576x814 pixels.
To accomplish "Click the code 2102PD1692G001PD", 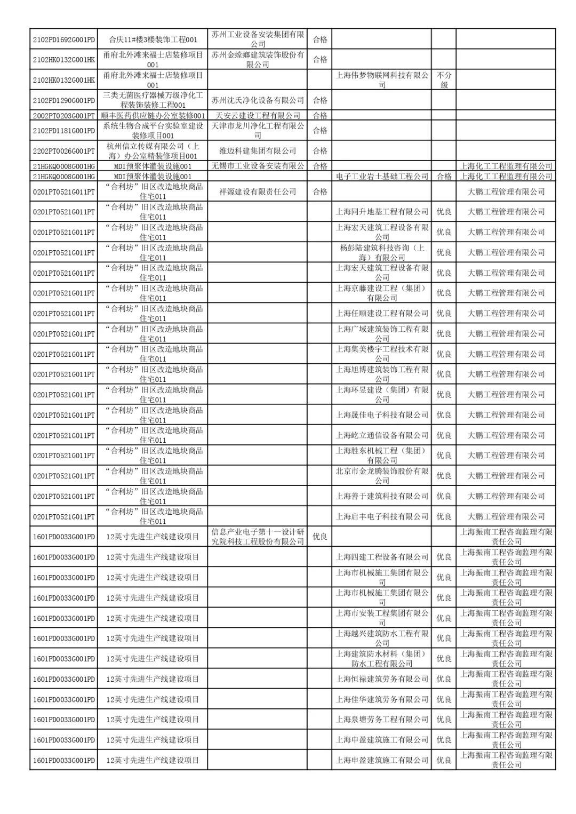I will click(63, 39).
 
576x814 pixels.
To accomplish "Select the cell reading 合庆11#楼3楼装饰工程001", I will click(153, 39).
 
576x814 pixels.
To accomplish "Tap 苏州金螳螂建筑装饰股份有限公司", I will click(258, 60).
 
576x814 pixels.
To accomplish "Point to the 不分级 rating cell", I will click(444, 80).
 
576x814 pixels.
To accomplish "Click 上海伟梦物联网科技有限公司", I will click(382, 80).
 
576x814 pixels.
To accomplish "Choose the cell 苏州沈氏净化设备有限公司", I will click(258, 100).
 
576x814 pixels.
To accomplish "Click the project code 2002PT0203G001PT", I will click(63, 116).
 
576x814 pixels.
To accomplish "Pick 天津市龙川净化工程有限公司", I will click(258, 131).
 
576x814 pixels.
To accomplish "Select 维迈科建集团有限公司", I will click(258, 151).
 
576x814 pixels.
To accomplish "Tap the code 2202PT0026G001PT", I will click(63, 151).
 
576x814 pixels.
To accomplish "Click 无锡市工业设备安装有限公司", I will click(258, 166).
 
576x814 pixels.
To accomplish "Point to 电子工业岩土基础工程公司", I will click(382, 177).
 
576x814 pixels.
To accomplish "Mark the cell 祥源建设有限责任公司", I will click(258, 191).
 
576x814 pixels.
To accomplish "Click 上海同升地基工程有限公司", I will click(382, 212).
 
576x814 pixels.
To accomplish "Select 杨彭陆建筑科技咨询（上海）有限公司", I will click(382, 252).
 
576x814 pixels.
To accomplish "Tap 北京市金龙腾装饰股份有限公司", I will click(382, 476).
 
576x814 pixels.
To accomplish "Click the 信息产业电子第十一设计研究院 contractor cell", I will click(258, 537).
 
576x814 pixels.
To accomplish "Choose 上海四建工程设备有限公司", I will click(382, 557).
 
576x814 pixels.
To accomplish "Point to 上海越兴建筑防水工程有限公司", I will click(382, 638).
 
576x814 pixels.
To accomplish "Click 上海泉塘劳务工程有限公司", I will click(382, 720).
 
